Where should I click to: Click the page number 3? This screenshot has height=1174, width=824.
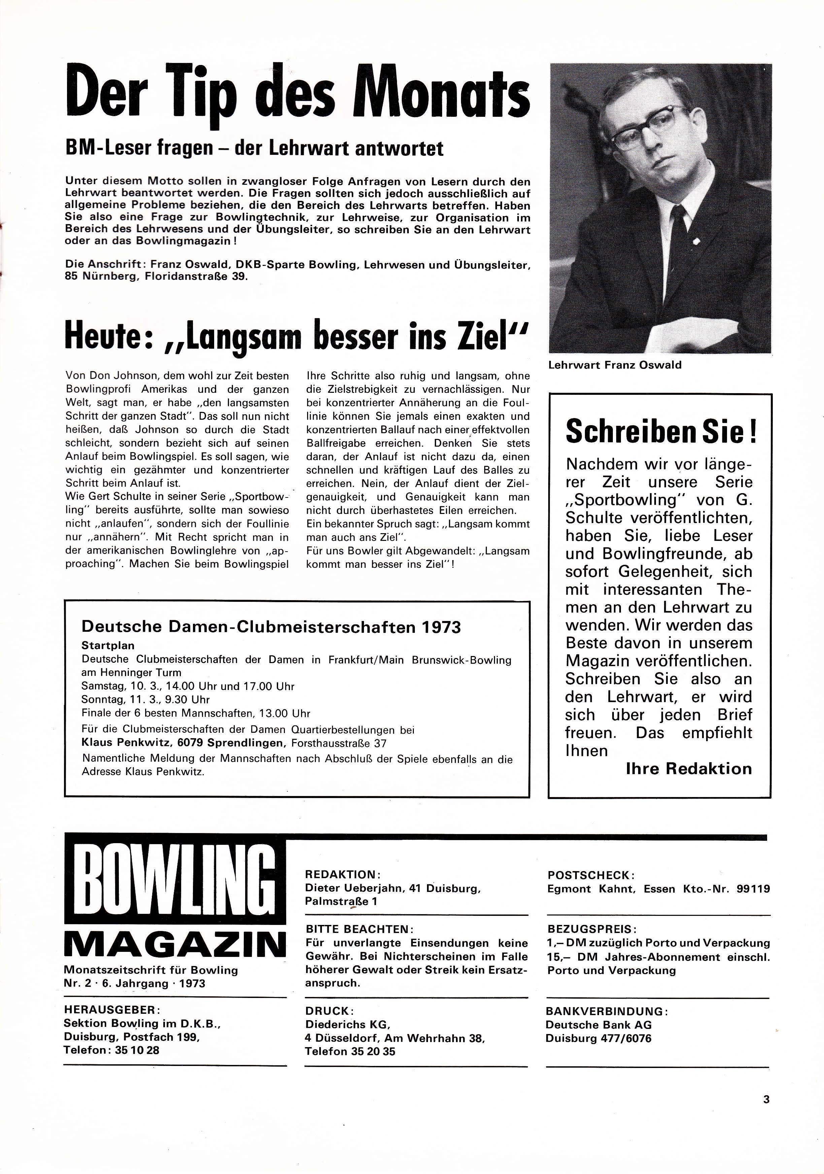click(766, 1099)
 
